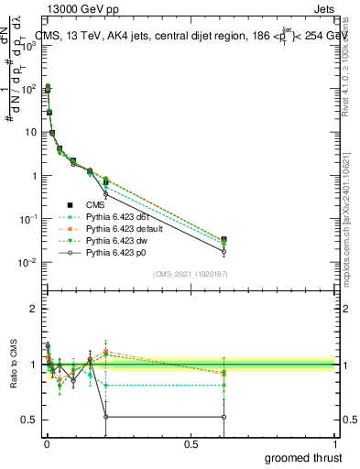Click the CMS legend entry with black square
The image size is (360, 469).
click(90, 205)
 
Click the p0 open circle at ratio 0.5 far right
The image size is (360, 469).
click(224, 417)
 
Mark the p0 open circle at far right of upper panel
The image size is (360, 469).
click(224, 251)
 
